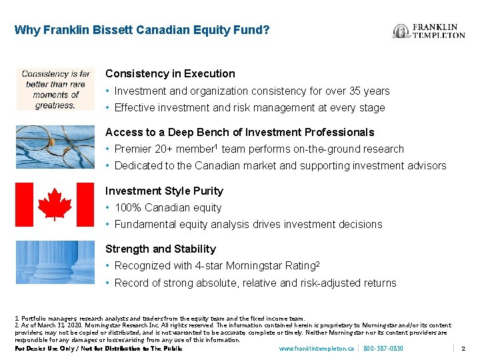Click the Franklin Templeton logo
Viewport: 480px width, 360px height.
pyautogui.click(x=429, y=31)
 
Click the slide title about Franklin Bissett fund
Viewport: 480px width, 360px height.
pyautogui.click(x=142, y=30)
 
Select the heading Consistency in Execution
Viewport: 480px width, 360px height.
pyautogui.click(x=170, y=74)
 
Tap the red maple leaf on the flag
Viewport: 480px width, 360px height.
pyautogui.click(x=55, y=204)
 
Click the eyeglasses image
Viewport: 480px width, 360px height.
pyautogui.click(x=55, y=147)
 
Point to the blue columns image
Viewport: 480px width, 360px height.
pyautogui.click(x=55, y=262)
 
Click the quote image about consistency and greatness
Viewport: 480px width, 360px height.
pyautogui.click(x=55, y=89)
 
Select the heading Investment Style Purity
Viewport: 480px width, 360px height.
pyautogui.click(x=164, y=191)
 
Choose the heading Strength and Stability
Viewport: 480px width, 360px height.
pyautogui.click(x=161, y=249)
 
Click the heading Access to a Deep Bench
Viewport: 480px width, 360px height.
pyautogui.click(x=239, y=132)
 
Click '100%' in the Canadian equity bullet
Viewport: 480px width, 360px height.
pyautogui.click(x=128, y=208)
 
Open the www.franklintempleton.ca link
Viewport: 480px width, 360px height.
pyautogui.click(x=316, y=349)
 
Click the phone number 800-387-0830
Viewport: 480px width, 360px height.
pyautogui.click(x=383, y=349)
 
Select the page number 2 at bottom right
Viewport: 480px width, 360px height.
pyautogui.click(x=463, y=349)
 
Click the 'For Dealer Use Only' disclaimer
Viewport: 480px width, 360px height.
pyautogui.click(x=98, y=349)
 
